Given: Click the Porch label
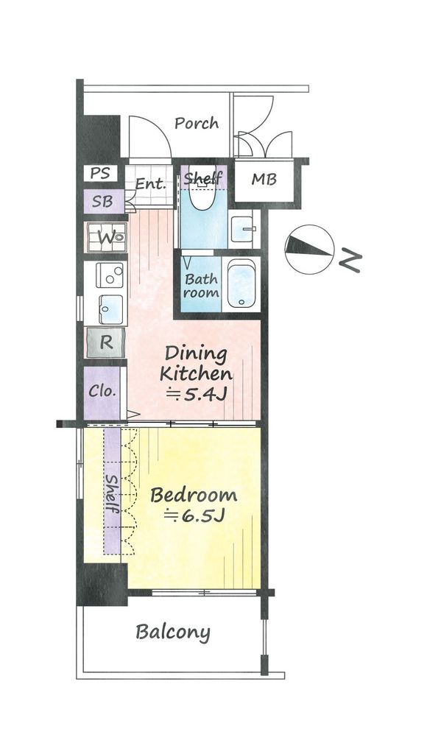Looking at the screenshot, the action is tap(196, 124).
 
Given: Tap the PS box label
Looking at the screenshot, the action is tap(101, 173).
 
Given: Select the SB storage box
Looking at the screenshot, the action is tap(103, 202).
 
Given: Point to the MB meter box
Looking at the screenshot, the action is tap(264, 180).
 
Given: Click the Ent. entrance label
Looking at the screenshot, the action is tap(150, 183).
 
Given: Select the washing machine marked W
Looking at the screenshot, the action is tap(107, 237).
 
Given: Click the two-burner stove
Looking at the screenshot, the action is tap(110, 275).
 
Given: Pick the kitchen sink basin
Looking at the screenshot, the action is tap(111, 310).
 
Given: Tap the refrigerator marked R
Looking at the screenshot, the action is tap(106, 342).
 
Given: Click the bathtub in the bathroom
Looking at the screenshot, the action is tap(241, 283).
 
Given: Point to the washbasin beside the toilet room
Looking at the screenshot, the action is tap(242, 230).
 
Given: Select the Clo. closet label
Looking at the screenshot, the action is tap(102, 390).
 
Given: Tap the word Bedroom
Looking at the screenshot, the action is tap(194, 495).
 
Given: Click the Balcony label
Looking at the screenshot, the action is tap(173, 633).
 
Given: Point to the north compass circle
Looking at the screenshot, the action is tap(310, 250).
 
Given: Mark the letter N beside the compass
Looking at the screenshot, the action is tap(350, 262).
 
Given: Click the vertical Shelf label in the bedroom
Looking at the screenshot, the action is tap(113, 493).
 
